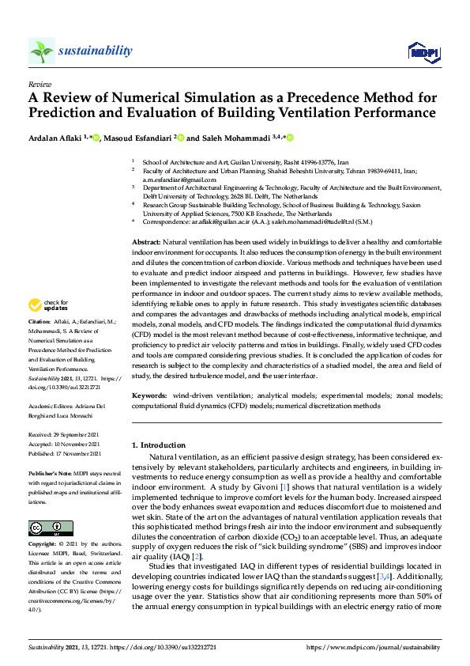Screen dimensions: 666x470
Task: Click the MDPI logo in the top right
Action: (x=423, y=52)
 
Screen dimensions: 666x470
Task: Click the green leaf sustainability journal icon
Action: (x=42, y=51)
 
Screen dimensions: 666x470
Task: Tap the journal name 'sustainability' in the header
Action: (x=96, y=51)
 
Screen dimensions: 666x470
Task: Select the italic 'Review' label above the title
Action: (x=39, y=83)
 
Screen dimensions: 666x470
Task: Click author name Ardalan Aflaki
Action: (x=57, y=138)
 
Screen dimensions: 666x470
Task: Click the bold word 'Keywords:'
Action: (x=149, y=393)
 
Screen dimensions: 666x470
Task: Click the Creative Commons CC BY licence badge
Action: (x=51, y=528)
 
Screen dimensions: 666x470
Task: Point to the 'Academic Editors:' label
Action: (x=51, y=407)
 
